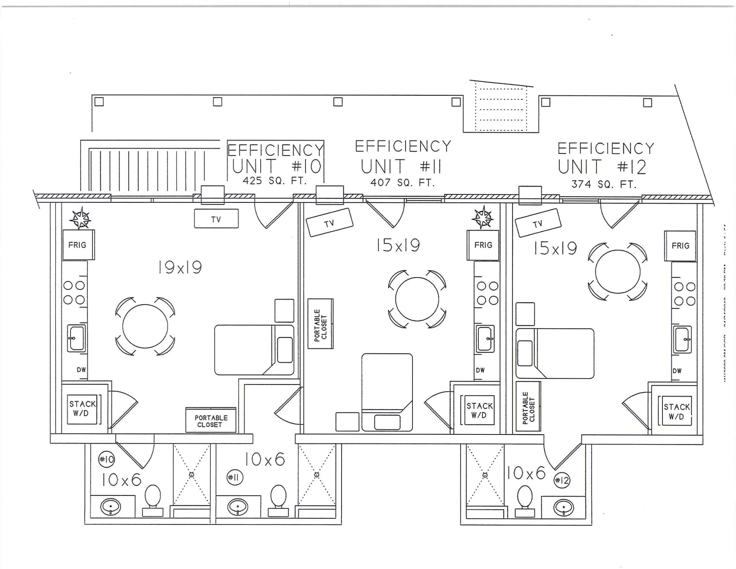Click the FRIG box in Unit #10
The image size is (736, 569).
[x=78, y=245]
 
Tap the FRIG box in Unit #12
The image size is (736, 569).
[x=680, y=245]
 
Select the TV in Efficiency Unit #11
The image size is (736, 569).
[x=329, y=222]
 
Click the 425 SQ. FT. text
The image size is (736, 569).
[x=275, y=181]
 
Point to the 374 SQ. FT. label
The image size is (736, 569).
[x=604, y=184]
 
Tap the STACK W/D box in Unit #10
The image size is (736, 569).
[x=82, y=409]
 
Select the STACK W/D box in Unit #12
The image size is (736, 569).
[x=677, y=411]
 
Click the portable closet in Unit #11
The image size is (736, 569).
[x=320, y=324]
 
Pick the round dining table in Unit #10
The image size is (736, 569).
[x=145, y=326]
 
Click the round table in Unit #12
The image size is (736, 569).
[x=618, y=271]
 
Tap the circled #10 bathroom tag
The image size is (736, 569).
[x=106, y=459]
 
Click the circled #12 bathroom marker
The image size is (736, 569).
[x=562, y=480]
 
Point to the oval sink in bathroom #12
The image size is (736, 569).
[x=563, y=508]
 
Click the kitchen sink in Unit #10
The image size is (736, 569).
[x=77, y=338]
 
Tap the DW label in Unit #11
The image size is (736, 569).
[x=480, y=370]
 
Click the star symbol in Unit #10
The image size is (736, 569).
[x=80, y=219]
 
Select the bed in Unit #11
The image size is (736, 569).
[x=387, y=392]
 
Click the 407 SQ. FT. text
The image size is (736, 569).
[x=402, y=183]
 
